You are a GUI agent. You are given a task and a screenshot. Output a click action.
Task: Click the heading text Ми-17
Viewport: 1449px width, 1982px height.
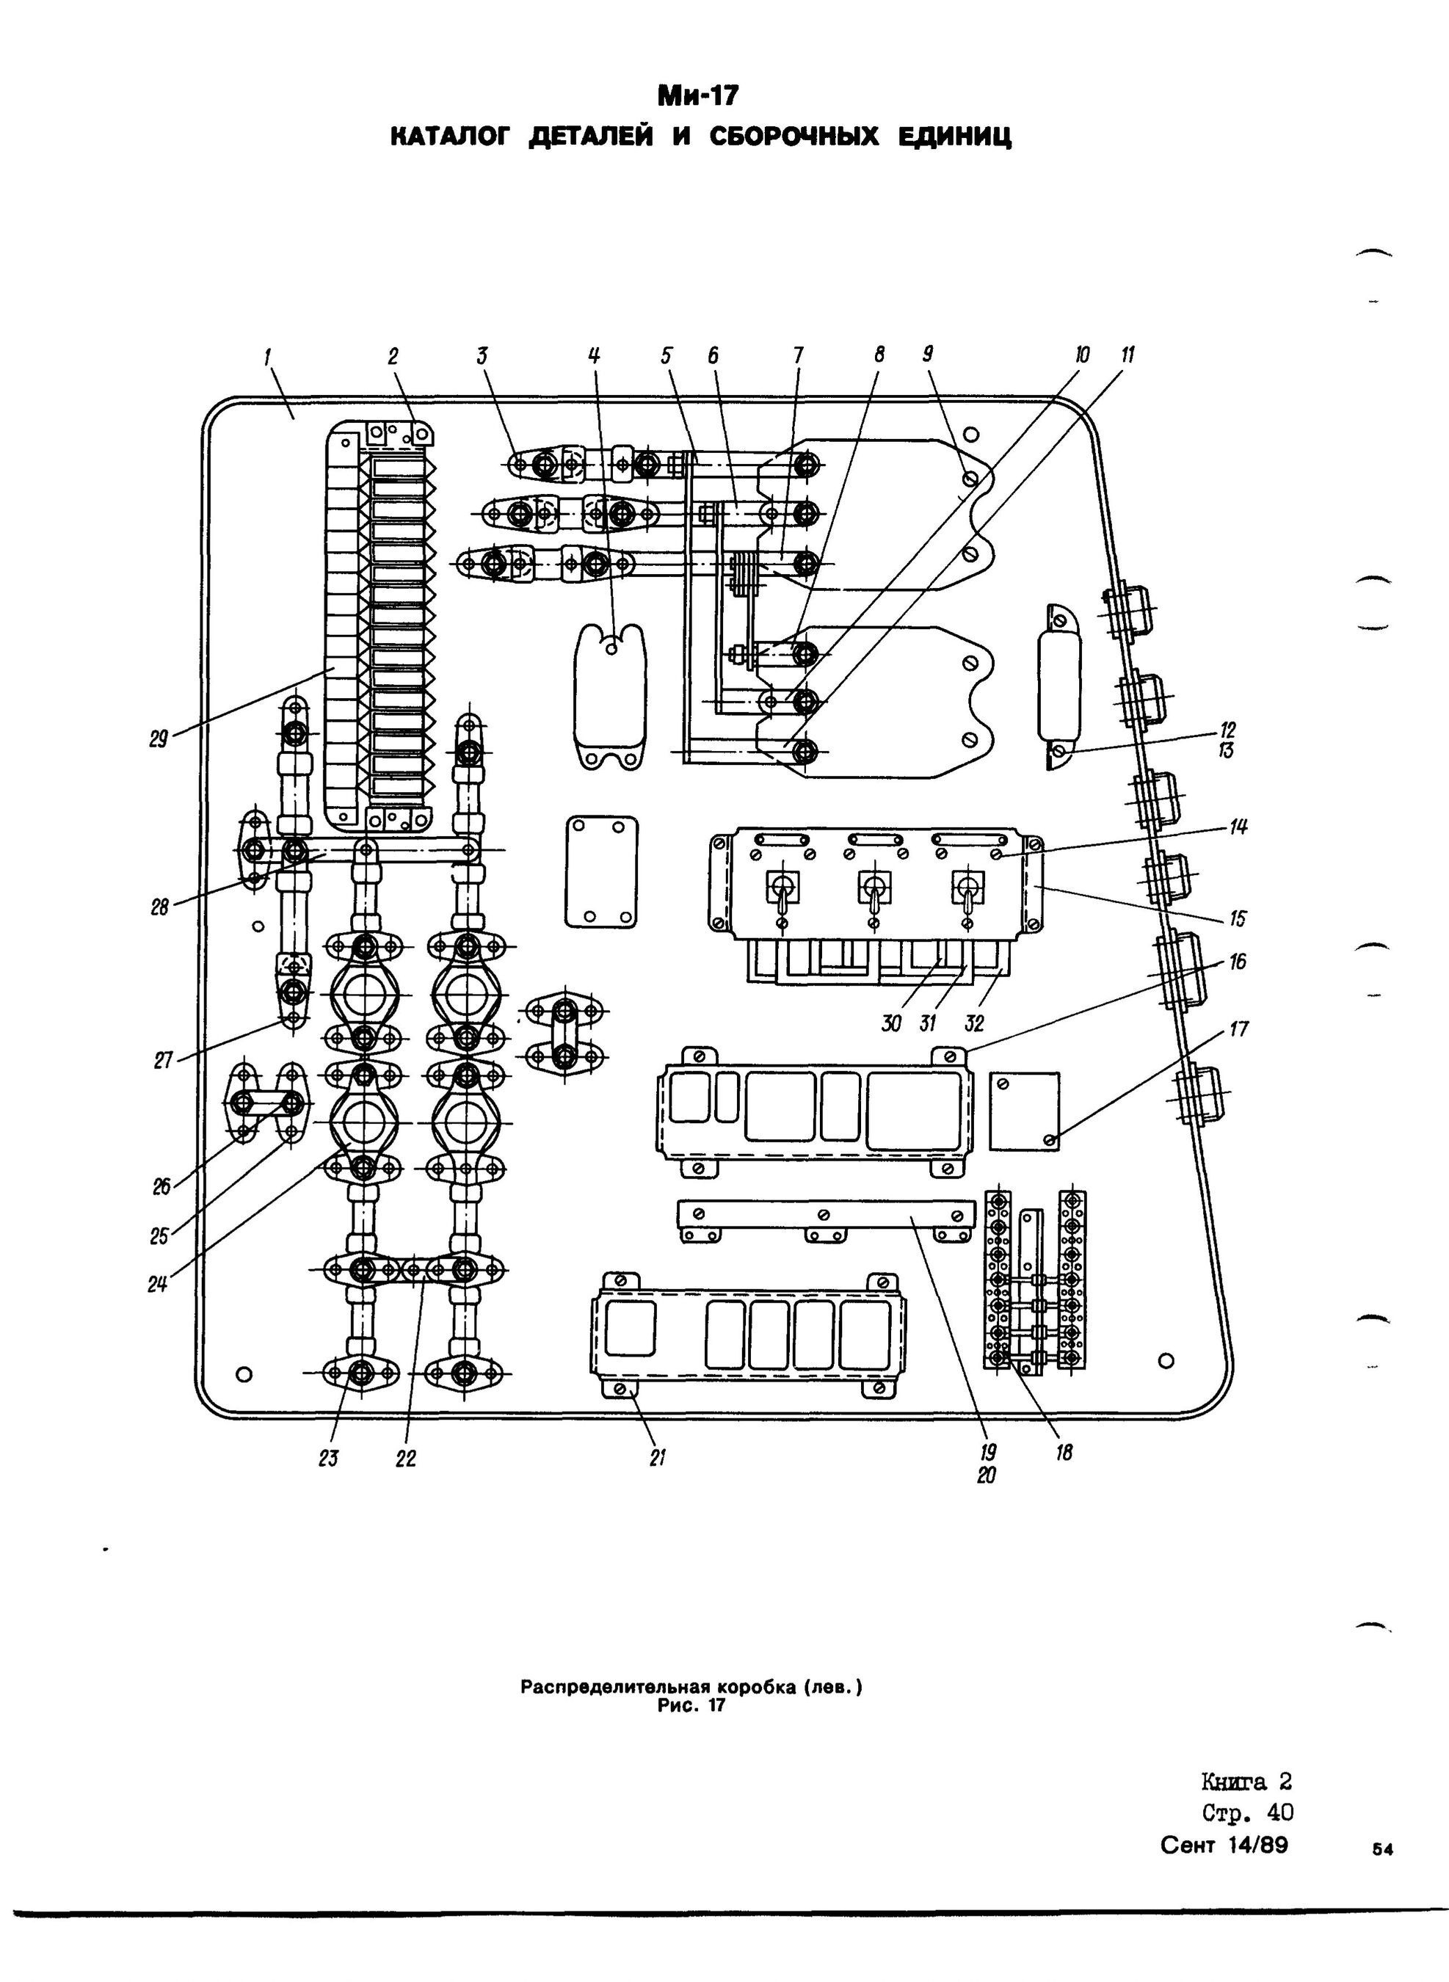click(x=699, y=94)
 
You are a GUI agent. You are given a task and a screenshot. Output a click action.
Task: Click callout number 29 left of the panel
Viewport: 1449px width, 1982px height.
click(x=158, y=739)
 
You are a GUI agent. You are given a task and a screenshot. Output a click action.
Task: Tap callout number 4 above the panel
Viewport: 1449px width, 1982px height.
click(x=595, y=355)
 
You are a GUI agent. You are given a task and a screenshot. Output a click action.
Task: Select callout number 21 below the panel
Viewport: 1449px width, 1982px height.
click(x=658, y=1458)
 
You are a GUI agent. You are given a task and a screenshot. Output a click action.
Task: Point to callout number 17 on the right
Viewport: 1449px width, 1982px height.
click(x=1238, y=1028)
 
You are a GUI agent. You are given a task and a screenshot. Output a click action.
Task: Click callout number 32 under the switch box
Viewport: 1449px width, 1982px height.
click(x=973, y=1023)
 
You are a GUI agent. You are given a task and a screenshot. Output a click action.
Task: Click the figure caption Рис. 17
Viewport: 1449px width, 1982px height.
click(x=692, y=1707)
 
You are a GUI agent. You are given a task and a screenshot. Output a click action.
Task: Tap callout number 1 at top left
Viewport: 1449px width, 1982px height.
click(x=266, y=355)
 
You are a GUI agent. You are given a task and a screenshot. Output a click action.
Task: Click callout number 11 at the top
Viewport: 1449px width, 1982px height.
click(x=1128, y=355)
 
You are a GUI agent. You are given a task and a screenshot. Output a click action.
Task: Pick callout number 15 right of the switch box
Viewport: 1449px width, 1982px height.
click(x=1238, y=918)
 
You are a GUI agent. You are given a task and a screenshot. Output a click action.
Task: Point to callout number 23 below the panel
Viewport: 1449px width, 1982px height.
click(x=329, y=1458)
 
